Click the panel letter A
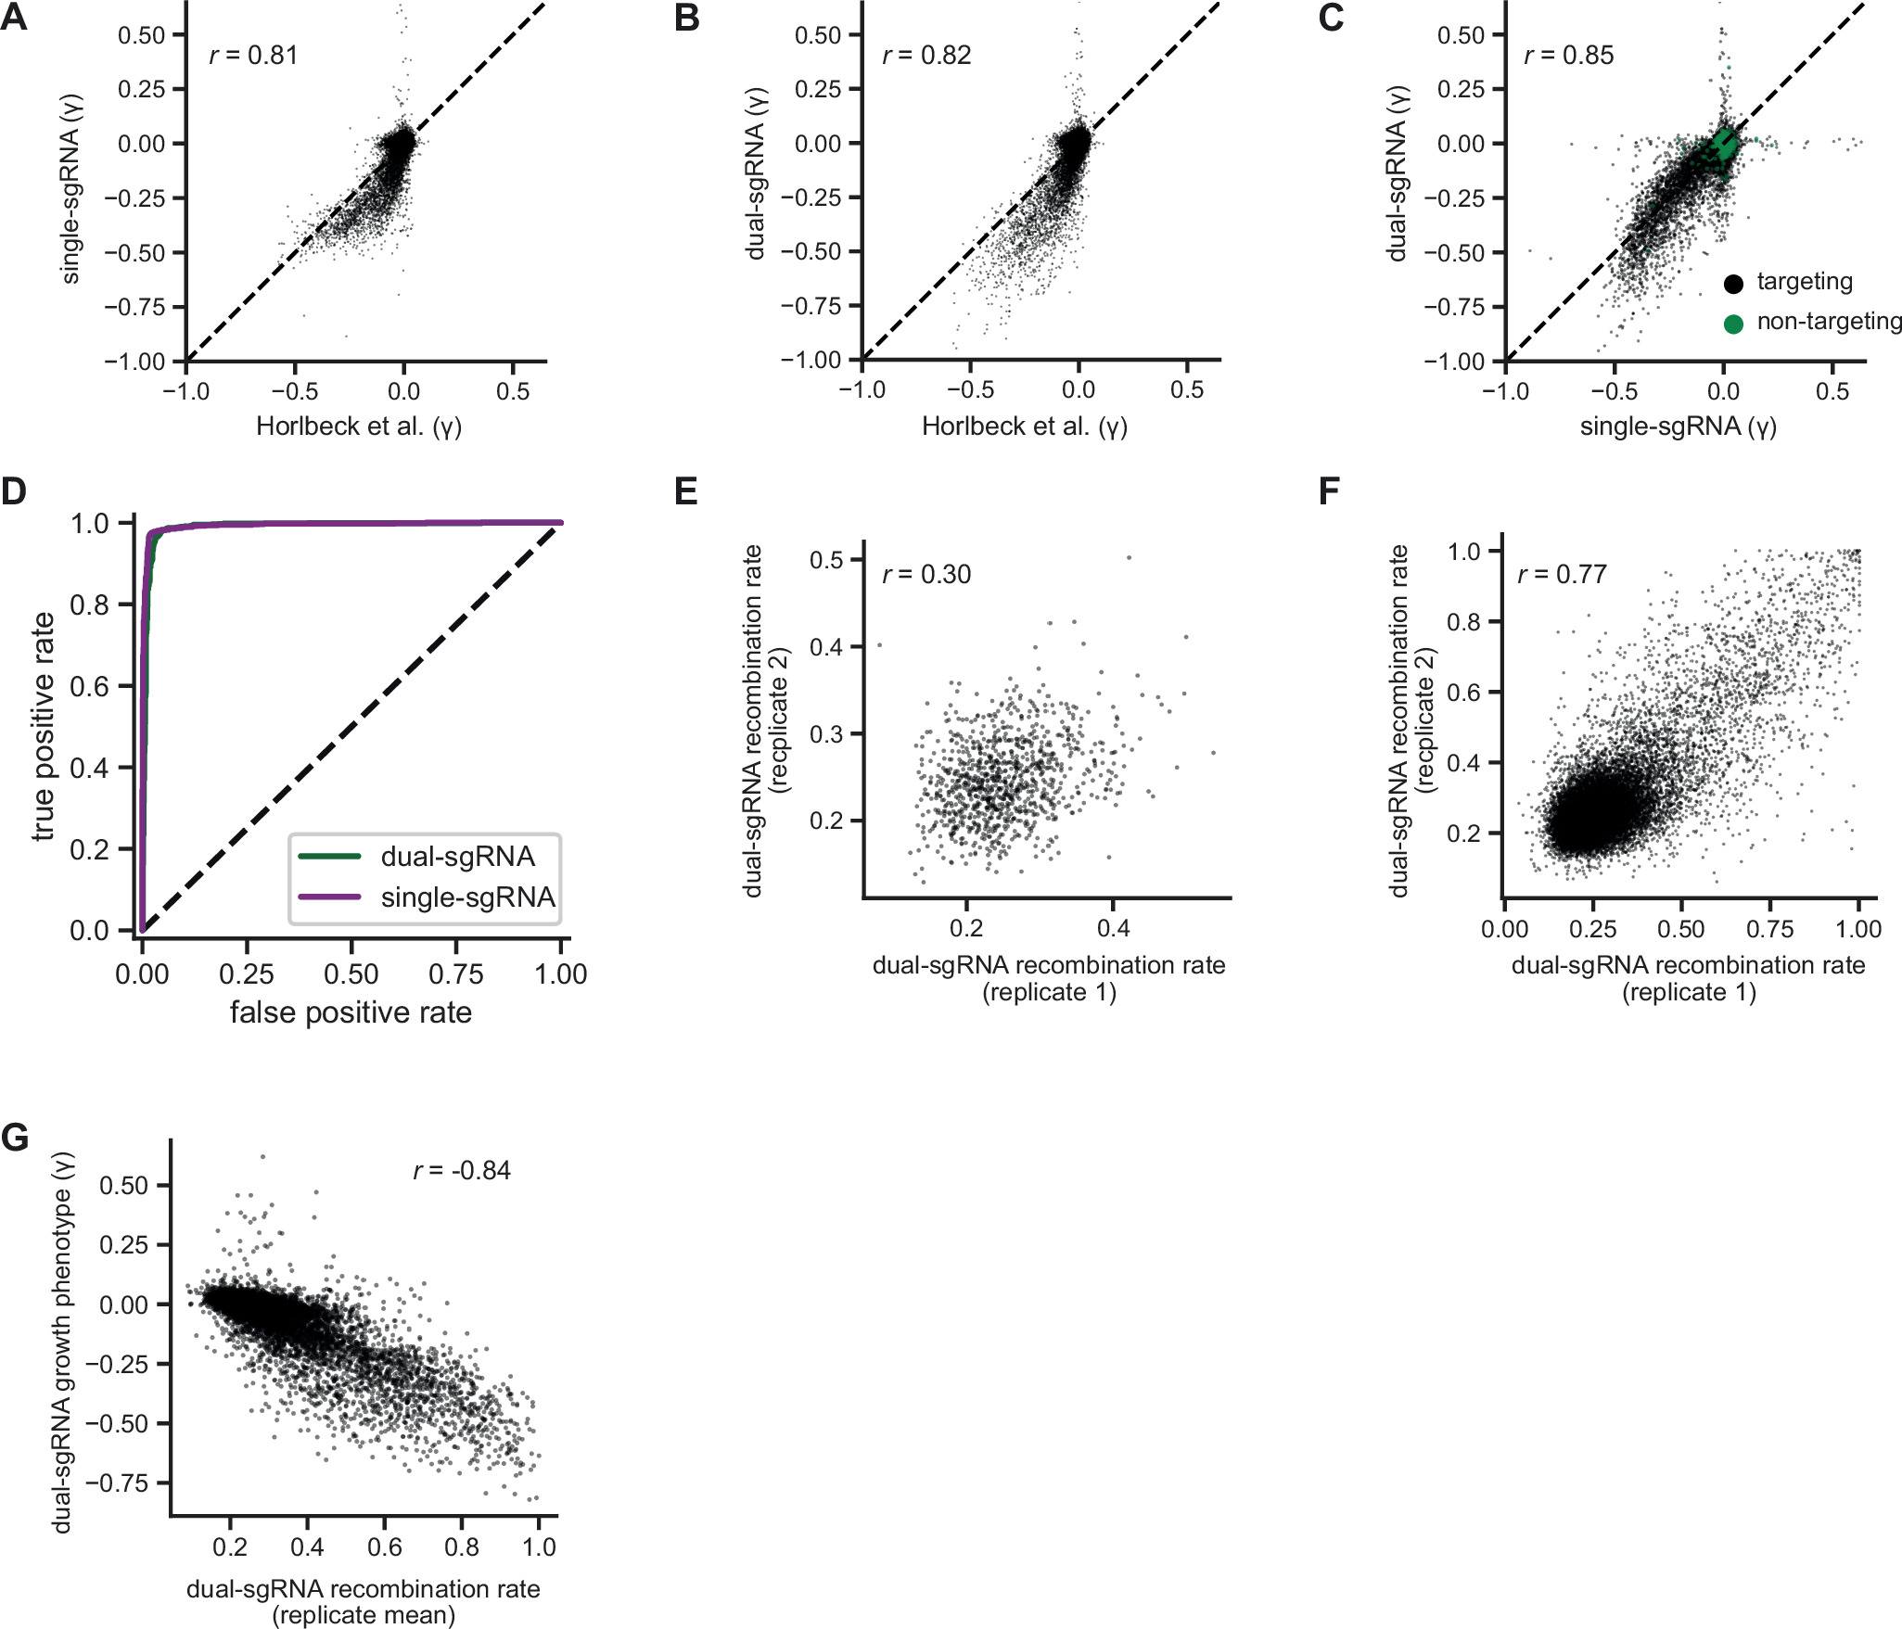click(x=14, y=18)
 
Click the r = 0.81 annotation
click(x=253, y=56)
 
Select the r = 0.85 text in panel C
click(x=1569, y=56)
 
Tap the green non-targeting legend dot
click(x=1732, y=324)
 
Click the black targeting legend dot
click(x=1732, y=284)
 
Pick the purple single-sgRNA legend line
click(x=329, y=897)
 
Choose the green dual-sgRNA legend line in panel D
click(x=329, y=856)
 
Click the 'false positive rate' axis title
click(x=351, y=1012)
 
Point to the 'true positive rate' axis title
click(x=43, y=726)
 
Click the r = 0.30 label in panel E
click(x=926, y=575)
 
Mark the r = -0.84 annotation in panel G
click(x=462, y=1171)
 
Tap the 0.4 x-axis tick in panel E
click(x=1113, y=928)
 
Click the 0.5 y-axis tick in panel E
click(x=825, y=560)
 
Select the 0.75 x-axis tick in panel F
click(x=1769, y=929)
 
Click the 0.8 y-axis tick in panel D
click(x=89, y=605)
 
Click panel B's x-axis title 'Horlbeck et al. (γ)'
click(x=1024, y=426)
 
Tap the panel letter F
click(x=1329, y=490)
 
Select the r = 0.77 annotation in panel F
click(x=1562, y=575)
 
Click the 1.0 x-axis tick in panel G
click(x=538, y=1547)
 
